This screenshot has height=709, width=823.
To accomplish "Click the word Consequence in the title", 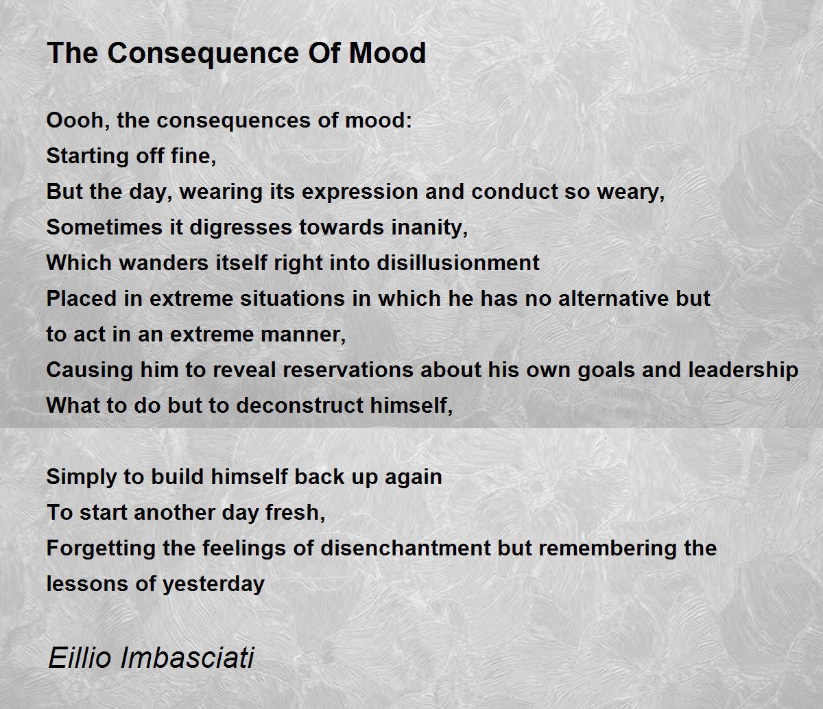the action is (x=203, y=53).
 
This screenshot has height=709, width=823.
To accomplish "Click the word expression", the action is (x=359, y=192).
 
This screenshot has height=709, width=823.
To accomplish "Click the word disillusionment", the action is (x=458, y=263).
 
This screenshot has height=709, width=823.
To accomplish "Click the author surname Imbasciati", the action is (x=187, y=658).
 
